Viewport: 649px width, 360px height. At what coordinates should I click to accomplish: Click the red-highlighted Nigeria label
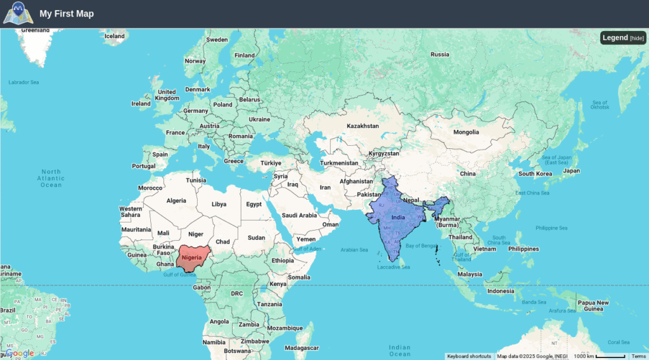click(x=192, y=257)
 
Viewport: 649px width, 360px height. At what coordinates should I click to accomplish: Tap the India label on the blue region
click(x=398, y=217)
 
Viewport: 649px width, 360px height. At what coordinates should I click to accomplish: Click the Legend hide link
click(x=637, y=38)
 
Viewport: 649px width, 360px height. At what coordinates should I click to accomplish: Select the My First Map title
click(x=67, y=13)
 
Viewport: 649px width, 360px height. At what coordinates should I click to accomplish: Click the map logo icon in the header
click(x=17, y=13)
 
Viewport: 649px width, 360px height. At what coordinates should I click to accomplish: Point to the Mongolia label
click(x=466, y=132)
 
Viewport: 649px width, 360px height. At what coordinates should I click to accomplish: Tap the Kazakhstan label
click(x=363, y=126)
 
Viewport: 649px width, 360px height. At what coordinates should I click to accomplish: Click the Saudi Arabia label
click(x=299, y=215)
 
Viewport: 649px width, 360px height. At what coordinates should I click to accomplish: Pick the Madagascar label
click(x=302, y=348)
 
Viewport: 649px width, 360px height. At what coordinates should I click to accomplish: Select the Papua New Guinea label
click(x=593, y=306)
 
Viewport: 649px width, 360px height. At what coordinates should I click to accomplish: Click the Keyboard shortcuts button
click(x=469, y=356)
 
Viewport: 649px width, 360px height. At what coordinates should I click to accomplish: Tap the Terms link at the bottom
click(x=638, y=356)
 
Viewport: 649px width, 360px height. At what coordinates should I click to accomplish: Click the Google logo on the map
click(x=20, y=353)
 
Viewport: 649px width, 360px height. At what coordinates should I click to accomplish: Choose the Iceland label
click(x=114, y=36)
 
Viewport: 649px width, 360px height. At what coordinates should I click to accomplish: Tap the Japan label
click(x=572, y=170)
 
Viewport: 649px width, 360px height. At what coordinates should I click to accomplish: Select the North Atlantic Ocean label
click(x=51, y=178)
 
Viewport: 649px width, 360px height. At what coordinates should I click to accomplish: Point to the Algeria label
click(x=176, y=201)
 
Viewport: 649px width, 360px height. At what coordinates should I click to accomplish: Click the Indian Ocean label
click(x=400, y=350)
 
